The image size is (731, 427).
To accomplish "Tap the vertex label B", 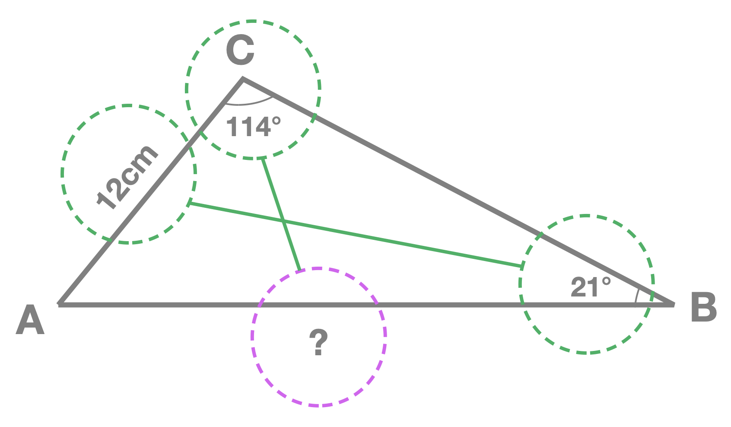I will [703, 307].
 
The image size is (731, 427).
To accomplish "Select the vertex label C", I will [240, 51].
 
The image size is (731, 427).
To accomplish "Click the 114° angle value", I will [253, 127].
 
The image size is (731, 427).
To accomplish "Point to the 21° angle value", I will [590, 287].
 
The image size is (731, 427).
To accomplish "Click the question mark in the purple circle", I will [318, 342].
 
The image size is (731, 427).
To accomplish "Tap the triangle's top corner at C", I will [243, 80].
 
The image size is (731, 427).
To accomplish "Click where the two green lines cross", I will [283, 222].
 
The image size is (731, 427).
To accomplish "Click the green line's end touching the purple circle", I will [299, 270].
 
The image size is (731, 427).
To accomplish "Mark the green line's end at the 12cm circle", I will [189, 203].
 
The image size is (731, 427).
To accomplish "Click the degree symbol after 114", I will [276, 120].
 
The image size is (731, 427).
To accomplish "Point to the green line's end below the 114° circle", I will [263, 159].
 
